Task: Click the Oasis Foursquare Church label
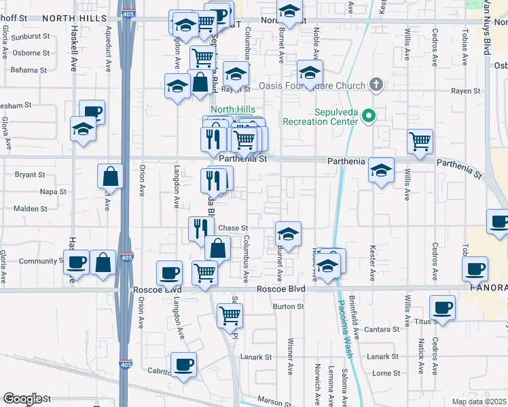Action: (312, 86)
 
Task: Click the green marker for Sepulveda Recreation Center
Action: (369, 117)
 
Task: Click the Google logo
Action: (22, 399)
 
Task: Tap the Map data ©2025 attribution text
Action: (479, 402)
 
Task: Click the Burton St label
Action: (288, 307)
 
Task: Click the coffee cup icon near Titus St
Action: (443, 308)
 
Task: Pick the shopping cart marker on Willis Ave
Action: (420, 142)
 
